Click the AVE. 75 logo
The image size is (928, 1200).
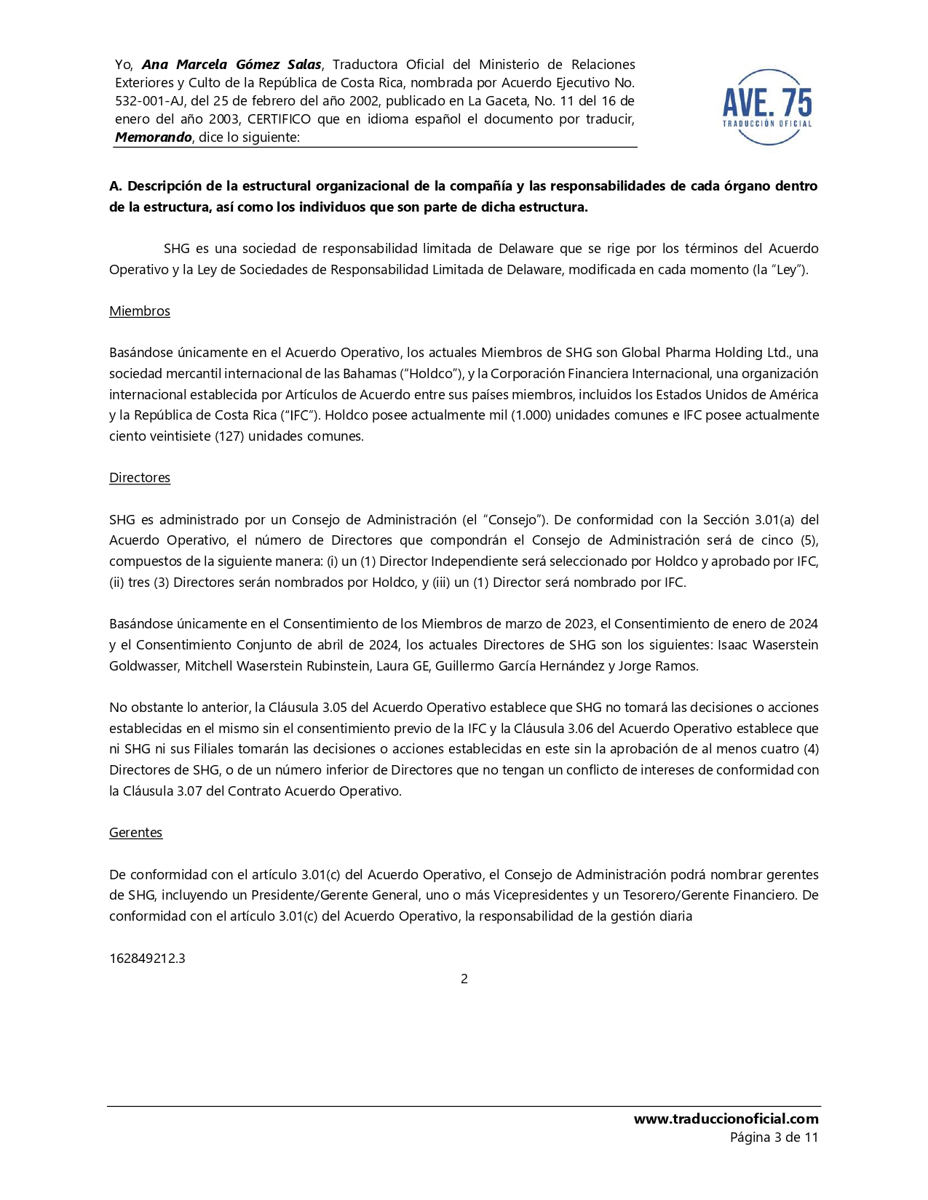coord(767,107)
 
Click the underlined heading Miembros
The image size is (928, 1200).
coord(140,311)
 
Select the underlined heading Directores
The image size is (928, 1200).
coord(140,478)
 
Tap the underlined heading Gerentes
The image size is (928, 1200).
coord(135,833)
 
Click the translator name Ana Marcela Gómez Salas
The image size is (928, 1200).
coord(231,65)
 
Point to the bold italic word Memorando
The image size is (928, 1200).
coord(154,137)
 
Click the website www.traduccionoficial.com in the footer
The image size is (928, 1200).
coord(726,1119)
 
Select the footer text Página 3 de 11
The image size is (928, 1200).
coord(774,1137)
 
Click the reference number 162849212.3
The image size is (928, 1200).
coord(147,959)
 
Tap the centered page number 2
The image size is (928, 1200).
coord(464,979)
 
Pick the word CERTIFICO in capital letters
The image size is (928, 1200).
coord(279,119)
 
